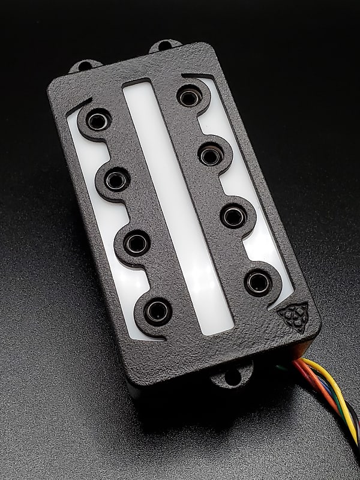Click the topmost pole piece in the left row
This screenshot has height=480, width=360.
pos(97,119)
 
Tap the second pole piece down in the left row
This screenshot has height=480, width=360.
pos(116,179)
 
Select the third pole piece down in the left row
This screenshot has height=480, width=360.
pos(137,242)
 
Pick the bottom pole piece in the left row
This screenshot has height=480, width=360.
pos(158,310)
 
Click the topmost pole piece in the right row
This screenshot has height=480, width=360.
pos(190,96)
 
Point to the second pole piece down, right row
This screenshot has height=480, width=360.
pos(211,155)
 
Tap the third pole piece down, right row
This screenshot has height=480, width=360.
pos(233,215)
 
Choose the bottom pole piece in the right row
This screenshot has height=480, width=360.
pos(258,281)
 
